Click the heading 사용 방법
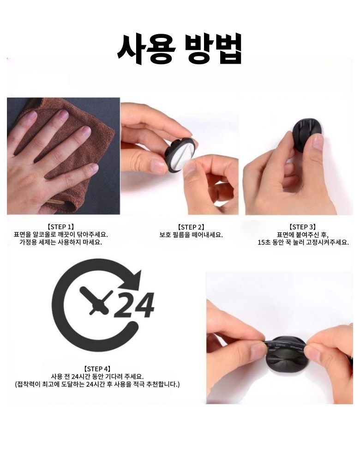coord(180,49)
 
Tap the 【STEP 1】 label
coord(60,227)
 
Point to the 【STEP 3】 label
coord(303,227)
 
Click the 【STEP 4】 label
coord(97,369)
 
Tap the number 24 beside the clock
coord(134,305)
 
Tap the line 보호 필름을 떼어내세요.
coord(191,235)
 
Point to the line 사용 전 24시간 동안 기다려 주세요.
coord(97,377)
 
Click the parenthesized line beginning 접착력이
coord(97,384)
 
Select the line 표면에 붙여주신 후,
coord(303,235)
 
